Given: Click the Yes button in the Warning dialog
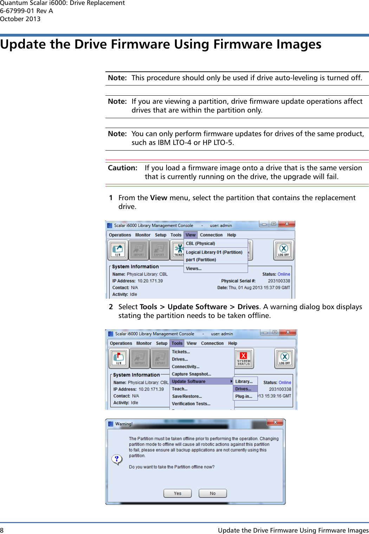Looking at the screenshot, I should click(177, 493).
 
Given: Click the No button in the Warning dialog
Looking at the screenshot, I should click(213, 493).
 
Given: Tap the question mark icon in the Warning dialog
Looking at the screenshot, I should click(117, 459).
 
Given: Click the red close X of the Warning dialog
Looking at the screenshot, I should click(275, 422).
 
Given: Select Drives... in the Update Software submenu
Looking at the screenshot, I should click(243, 389).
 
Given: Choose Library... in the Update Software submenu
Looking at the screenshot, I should click(244, 381).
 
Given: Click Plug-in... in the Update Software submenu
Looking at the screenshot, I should click(244, 396).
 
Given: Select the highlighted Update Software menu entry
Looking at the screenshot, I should click(189, 381).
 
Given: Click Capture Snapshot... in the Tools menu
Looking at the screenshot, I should click(191, 374).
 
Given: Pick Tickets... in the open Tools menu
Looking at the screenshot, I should click(181, 352).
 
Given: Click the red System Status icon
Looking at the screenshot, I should click(244, 358).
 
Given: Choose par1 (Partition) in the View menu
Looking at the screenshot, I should click(201, 260).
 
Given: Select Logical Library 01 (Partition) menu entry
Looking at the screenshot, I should click(214, 252).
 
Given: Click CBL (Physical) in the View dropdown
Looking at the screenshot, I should click(200, 243).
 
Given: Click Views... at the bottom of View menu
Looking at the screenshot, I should click(194, 268).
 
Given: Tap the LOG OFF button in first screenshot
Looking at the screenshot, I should click(284, 250).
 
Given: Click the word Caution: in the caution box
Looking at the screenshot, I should click(122, 168).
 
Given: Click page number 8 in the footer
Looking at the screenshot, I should click(2, 530).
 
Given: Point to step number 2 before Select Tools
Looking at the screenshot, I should click(111, 307).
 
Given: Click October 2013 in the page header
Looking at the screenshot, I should click(20, 19).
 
